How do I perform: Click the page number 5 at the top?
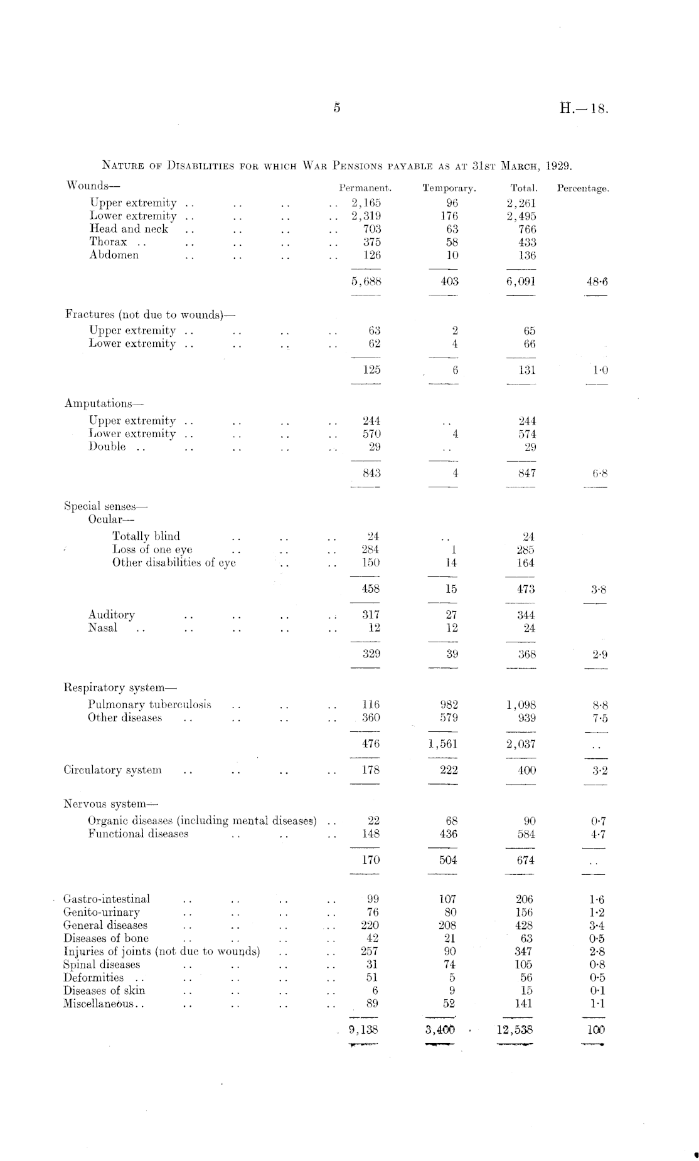pyautogui.click(x=337, y=107)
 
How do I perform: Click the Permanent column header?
pyautogui.click(x=365, y=188)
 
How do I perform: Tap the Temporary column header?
pyautogui.click(x=449, y=188)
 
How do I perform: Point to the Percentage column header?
pyautogui.click(x=583, y=188)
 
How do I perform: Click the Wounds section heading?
pyautogui.click(x=92, y=186)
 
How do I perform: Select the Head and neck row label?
pyautogui.click(x=129, y=229)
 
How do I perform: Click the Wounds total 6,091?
pyautogui.click(x=521, y=282)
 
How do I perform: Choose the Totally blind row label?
pyautogui.click(x=146, y=536)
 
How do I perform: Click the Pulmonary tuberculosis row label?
pyautogui.click(x=149, y=704)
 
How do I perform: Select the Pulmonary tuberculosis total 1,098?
pyautogui.click(x=521, y=705)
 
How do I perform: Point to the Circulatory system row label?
pyautogui.click(x=112, y=770)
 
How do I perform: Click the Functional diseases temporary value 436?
pyautogui.click(x=449, y=834)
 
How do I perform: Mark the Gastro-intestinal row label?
pyautogui.click(x=107, y=899)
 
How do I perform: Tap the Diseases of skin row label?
pyautogui.click(x=104, y=990)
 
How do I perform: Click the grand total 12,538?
pyautogui.click(x=515, y=1029)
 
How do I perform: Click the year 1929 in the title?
pyautogui.click(x=559, y=166)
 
